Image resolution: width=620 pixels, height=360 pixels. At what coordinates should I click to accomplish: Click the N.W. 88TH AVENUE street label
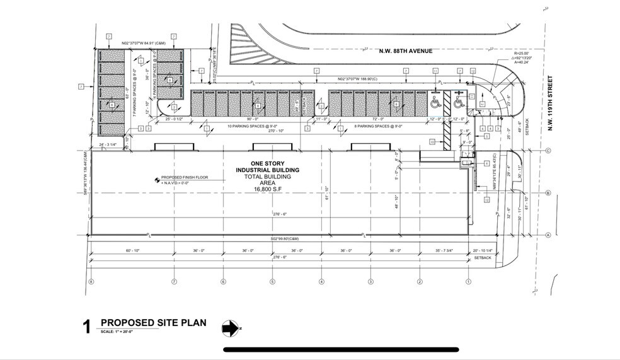(x=405, y=50)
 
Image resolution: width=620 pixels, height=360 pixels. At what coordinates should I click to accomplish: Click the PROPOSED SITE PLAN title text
(x=153, y=323)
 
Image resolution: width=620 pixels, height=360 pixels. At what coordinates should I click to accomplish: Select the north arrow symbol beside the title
(x=230, y=328)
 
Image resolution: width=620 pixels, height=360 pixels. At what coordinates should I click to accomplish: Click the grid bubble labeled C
(x=549, y=151)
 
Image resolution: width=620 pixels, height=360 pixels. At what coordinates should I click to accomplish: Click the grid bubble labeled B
(x=549, y=193)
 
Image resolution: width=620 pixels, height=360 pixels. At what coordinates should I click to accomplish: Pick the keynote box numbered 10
(x=432, y=141)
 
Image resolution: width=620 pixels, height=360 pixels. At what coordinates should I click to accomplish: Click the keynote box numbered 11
(x=435, y=71)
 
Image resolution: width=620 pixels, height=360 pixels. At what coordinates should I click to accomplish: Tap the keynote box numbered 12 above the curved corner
(x=473, y=71)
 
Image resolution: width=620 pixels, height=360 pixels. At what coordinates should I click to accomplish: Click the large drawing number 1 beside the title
(x=87, y=327)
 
